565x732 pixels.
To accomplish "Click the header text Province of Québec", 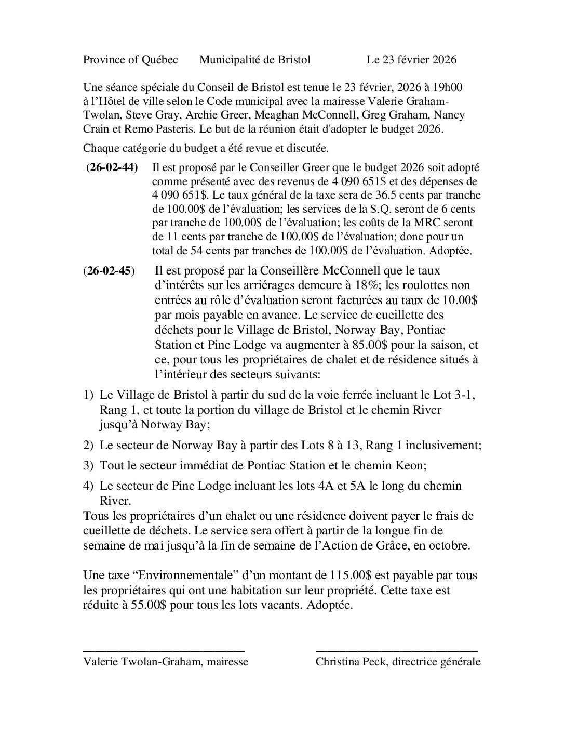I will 130,60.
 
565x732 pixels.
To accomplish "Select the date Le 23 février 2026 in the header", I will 411,60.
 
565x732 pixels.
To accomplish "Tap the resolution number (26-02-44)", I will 112,168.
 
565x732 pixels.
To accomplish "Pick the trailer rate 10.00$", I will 460,300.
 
